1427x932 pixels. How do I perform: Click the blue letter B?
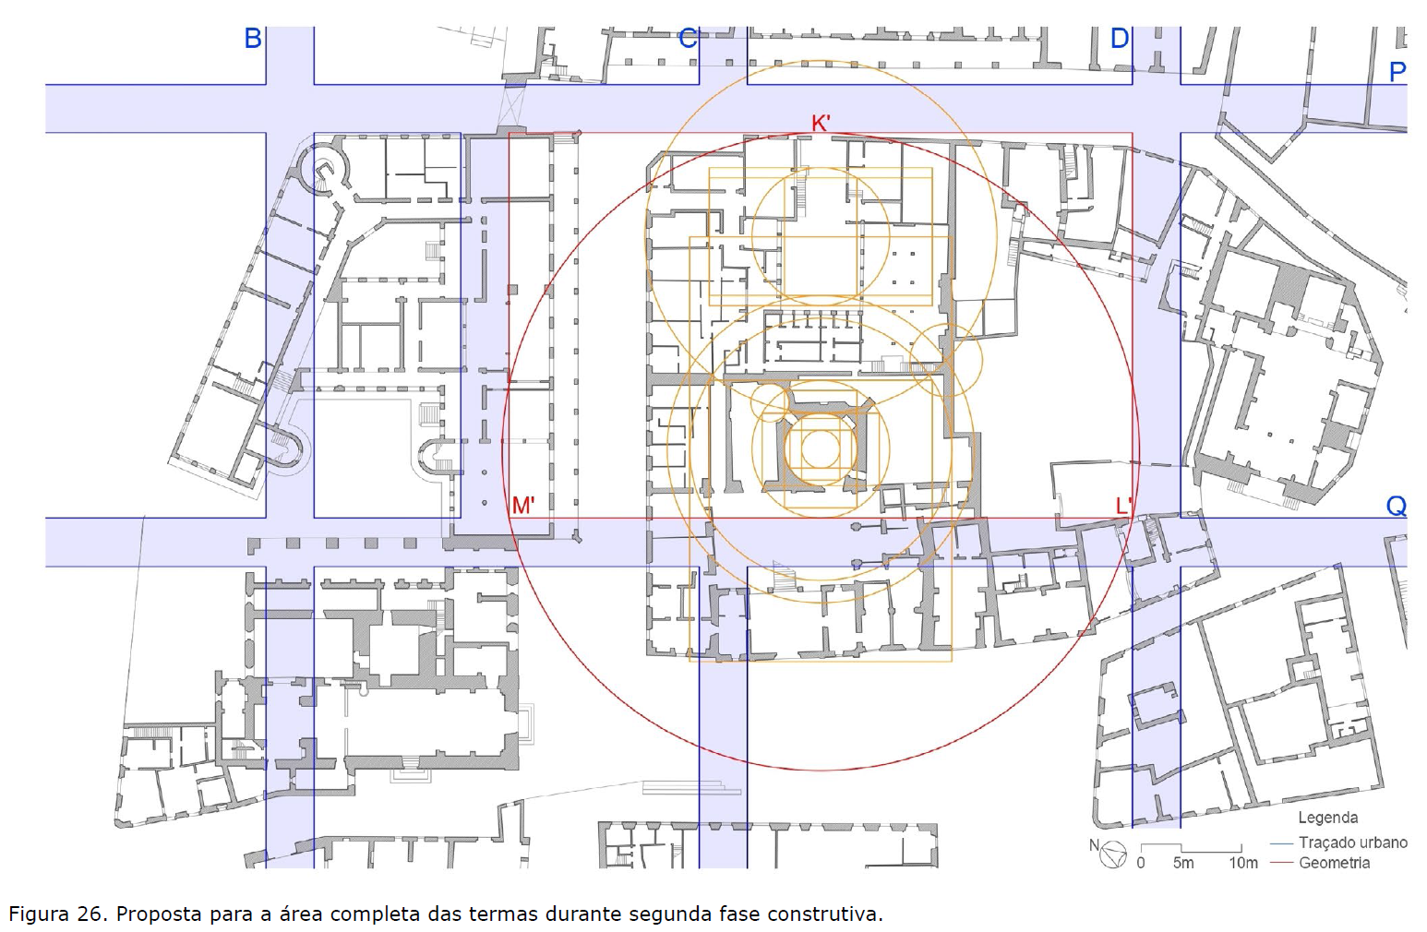pyautogui.click(x=253, y=38)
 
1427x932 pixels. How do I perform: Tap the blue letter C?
pyautogui.click(x=688, y=38)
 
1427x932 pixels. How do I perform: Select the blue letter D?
pyautogui.click(x=1120, y=38)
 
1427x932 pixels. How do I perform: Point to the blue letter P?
pyautogui.click(x=1397, y=72)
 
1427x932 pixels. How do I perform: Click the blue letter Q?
pyautogui.click(x=1397, y=506)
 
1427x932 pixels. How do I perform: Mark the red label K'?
pyautogui.click(x=821, y=123)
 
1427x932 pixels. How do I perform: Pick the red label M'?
pyautogui.click(x=523, y=506)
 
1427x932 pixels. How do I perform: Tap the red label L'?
pyautogui.click(x=1123, y=506)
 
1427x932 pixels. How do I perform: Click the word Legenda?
pyautogui.click(x=1328, y=818)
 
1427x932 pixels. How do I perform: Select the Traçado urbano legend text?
pyautogui.click(x=1352, y=842)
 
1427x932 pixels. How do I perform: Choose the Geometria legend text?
pyautogui.click(x=1334, y=863)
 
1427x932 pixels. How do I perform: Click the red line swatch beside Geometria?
pyautogui.click(x=1281, y=863)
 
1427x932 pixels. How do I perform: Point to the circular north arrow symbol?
pyautogui.click(x=1113, y=854)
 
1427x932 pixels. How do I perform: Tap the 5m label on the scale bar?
pyautogui.click(x=1183, y=863)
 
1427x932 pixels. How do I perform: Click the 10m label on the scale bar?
pyautogui.click(x=1243, y=863)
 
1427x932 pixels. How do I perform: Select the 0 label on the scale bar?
pyautogui.click(x=1140, y=863)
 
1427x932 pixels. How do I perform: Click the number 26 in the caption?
pyautogui.click(x=92, y=914)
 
